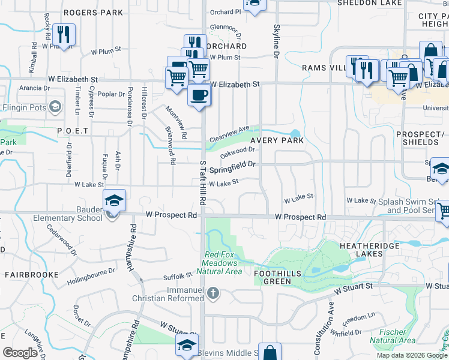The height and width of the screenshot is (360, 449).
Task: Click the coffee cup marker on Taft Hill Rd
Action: point(199,94)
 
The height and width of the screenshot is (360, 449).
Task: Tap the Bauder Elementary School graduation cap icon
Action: point(113,201)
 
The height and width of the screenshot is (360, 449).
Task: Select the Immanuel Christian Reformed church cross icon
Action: point(213,293)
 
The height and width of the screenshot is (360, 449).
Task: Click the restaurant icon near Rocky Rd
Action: point(63,35)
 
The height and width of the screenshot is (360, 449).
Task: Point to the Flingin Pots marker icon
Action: point(55,107)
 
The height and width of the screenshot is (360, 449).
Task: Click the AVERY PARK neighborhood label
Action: point(277,140)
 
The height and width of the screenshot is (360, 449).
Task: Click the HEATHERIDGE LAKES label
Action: point(361,250)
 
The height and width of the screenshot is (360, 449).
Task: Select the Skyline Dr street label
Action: point(277,41)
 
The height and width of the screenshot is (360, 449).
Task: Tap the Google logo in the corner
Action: point(20,353)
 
